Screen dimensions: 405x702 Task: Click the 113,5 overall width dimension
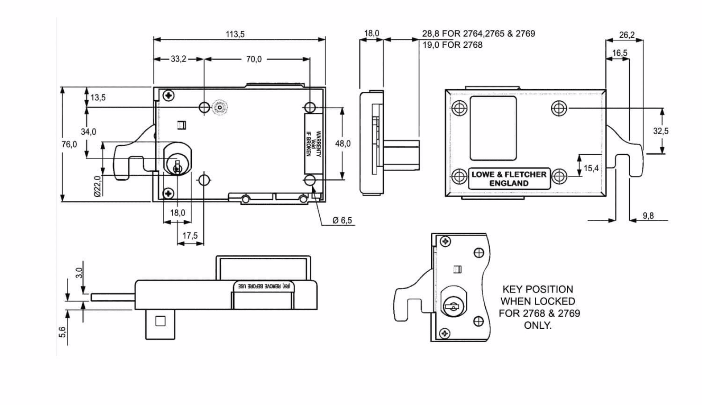pyautogui.click(x=235, y=34)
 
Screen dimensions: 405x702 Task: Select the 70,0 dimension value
pyautogui.click(x=254, y=59)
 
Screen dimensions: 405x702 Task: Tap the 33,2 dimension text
pyautogui.click(x=178, y=59)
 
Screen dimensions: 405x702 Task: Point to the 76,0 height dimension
pyautogui.click(x=69, y=144)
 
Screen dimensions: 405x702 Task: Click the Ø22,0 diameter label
pyautogui.click(x=98, y=186)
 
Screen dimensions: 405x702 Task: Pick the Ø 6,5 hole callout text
pyautogui.click(x=342, y=220)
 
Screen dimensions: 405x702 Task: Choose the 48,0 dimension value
pyautogui.click(x=343, y=144)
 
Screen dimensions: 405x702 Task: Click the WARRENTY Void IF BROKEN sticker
pyautogui.click(x=313, y=144)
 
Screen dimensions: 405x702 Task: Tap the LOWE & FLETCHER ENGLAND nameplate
pyautogui.click(x=509, y=178)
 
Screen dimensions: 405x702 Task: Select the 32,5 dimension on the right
pyautogui.click(x=661, y=131)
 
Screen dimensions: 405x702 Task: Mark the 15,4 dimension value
pyautogui.click(x=591, y=168)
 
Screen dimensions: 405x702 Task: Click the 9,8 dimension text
pyautogui.click(x=648, y=215)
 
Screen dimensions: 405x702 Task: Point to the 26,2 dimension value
pyautogui.click(x=627, y=35)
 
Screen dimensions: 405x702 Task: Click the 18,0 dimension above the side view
pyautogui.click(x=372, y=33)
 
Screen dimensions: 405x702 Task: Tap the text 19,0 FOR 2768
pyautogui.click(x=452, y=45)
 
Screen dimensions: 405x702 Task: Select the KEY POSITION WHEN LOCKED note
pyautogui.click(x=539, y=307)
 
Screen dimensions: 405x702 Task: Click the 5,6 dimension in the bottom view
pyautogui.click(x=62, y=332)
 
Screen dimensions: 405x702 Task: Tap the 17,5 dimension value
pyautogui.click(x=190, y=236)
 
